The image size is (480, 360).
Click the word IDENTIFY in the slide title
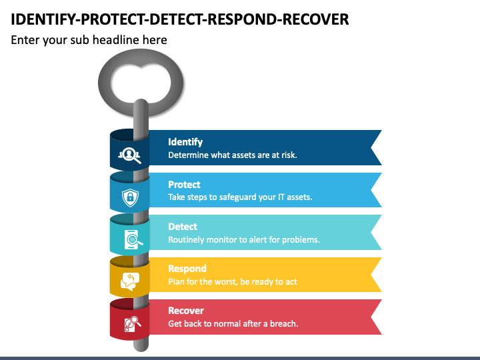[45, 19]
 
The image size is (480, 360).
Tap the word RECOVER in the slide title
[315, 19]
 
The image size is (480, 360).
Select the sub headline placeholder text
[89, 40]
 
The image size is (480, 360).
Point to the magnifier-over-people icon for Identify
[129, 155]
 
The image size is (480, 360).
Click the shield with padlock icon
[130, 197]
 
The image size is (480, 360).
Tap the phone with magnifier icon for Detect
[133, 239]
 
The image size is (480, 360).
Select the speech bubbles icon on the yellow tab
[130, 281]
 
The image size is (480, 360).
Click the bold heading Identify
[185, 142]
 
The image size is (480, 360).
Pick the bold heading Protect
[184, 185]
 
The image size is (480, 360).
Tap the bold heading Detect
[183, 227]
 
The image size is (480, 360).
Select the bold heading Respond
[187, 269]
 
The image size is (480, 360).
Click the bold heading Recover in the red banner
[186, 311]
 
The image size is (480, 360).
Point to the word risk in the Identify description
[289, 155]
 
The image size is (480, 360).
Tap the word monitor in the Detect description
[221, 239]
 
